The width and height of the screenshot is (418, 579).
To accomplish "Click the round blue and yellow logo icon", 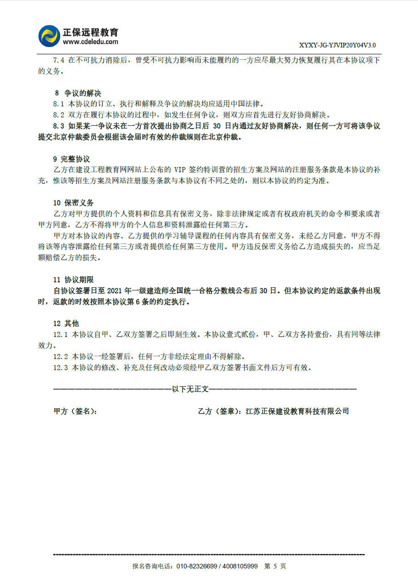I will [49, 36].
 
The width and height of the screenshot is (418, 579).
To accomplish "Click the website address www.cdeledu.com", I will [91, 42].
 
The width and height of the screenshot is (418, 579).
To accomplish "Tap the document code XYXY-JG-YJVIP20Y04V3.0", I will [338, 45].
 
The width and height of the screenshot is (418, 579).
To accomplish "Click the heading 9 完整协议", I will [71, 159].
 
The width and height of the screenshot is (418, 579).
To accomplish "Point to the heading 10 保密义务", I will [74, 203].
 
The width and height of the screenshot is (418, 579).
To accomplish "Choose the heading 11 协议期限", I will [74, 280].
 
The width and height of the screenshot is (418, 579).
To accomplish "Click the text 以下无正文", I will [190, 389].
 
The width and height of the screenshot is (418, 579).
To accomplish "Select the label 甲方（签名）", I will [75, 411].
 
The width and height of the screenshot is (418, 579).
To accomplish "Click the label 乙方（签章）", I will [219, 411].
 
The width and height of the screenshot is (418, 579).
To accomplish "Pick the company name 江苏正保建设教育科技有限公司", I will [298, 411].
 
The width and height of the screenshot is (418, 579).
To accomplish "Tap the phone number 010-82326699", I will [197, 566].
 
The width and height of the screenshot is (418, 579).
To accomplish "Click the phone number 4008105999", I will [240, 566].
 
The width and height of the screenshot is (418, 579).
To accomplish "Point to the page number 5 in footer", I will [275, 566].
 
